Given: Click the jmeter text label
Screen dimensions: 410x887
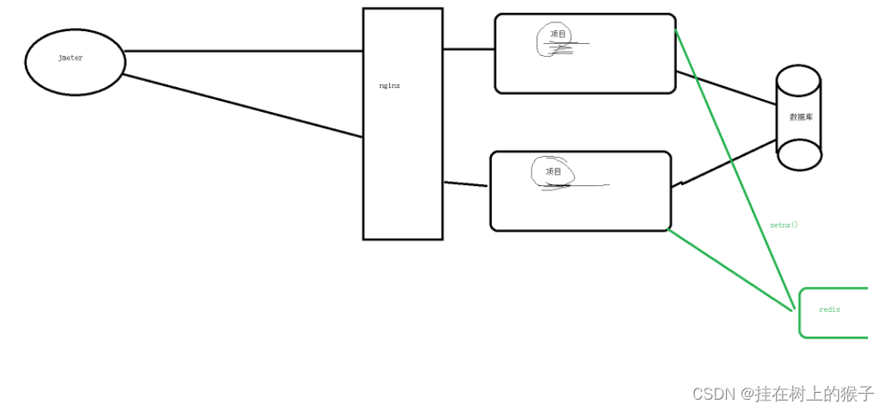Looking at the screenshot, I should pos(70,58).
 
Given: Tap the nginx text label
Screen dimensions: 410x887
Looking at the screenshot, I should pos(389,86).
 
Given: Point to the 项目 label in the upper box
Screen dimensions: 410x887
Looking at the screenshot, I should pos(558,34).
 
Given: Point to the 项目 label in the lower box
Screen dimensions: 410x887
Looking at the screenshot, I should pos(553,171).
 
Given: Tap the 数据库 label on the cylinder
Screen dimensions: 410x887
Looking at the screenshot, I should pos(801,116).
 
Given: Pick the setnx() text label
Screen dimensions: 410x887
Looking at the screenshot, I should pos(784,225).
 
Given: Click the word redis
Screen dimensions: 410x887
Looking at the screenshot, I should pos(829,308).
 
